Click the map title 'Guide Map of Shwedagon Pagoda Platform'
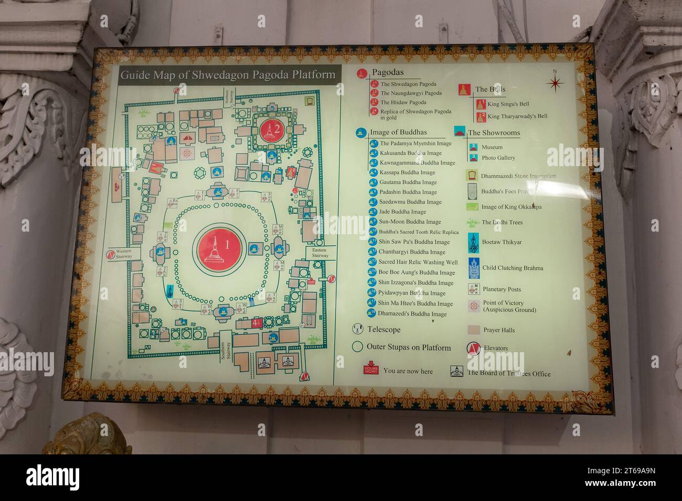click(228, 75)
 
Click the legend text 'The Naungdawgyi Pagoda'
click(411, 93)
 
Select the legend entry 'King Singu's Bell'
click(508, 104)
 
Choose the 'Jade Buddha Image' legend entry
click(402, 212)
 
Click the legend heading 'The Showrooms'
click(493, 133)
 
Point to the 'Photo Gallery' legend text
click(498, 158)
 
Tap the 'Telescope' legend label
click(383, 330)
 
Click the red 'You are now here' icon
click(371, 368)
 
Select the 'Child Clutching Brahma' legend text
click(512, 268)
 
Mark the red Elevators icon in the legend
click(473, 348)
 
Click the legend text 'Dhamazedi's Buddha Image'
click(412, 314)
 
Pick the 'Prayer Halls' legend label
click(498, 330)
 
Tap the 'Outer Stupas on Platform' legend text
click(408, 347)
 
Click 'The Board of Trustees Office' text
click(508, 374)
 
